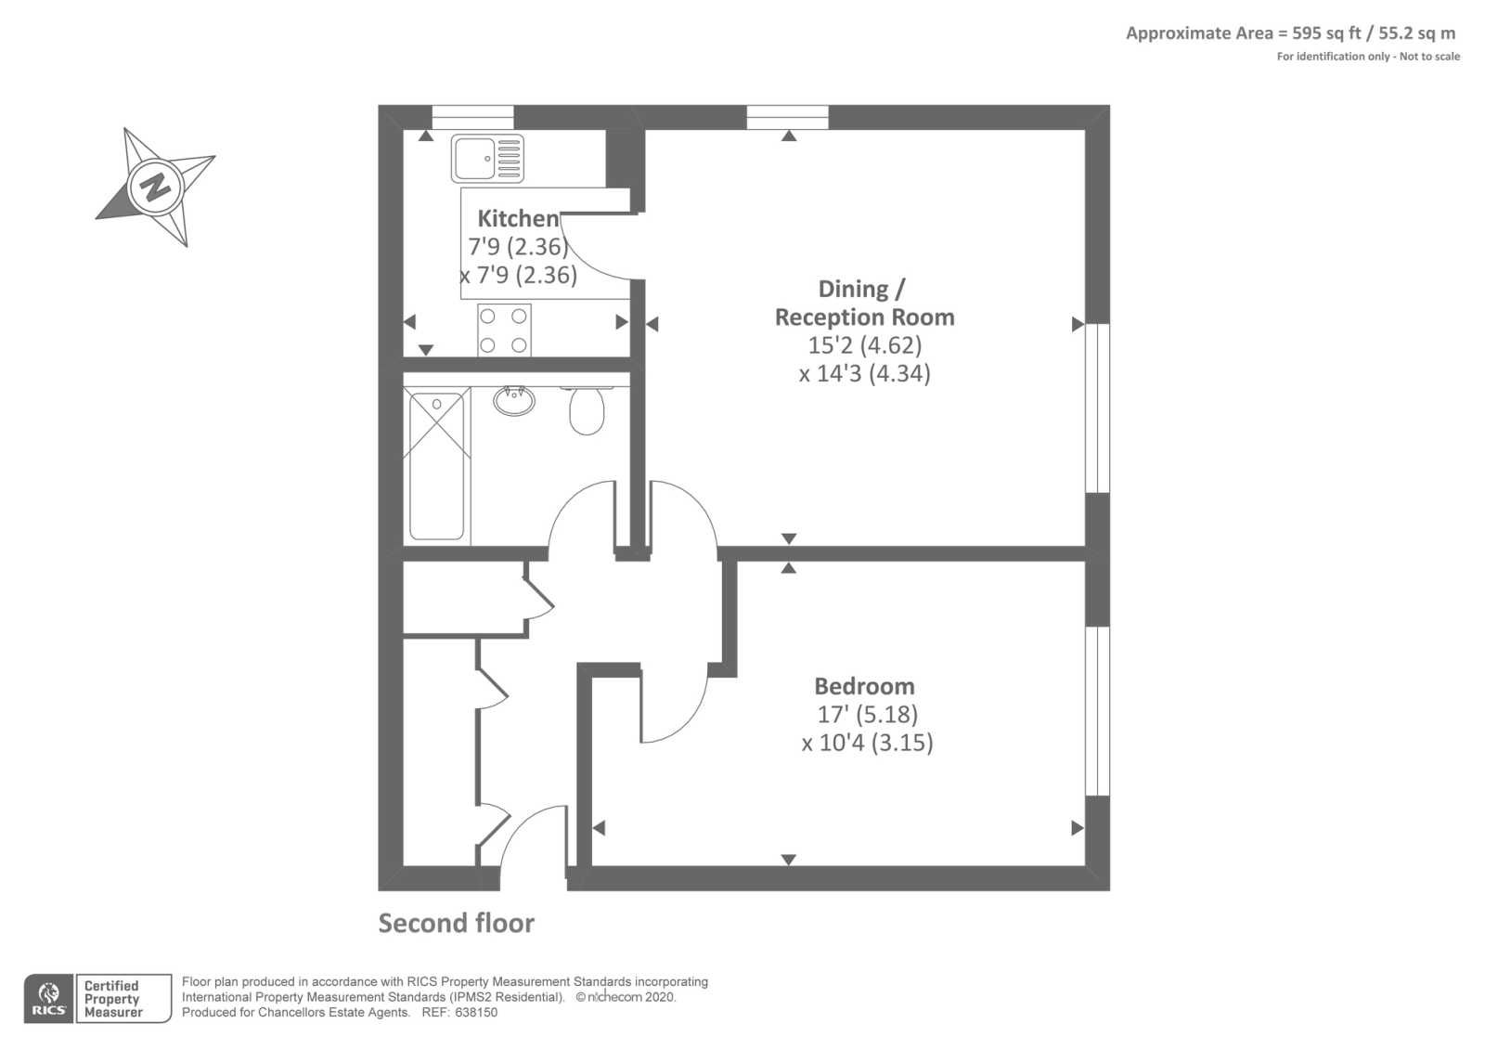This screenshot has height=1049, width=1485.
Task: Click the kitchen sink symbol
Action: [x=487, y=159]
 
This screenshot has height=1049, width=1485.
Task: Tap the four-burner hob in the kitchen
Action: [x=504, y=330]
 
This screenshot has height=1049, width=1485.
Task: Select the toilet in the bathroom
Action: [x=586, y=410]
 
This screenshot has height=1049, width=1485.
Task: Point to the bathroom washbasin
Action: [x=514, y=401]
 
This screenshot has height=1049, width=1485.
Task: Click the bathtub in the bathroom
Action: [x=437, y=466]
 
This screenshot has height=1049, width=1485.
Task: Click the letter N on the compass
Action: [x=157, y=187]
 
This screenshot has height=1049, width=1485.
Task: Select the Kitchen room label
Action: [x=519, y=218]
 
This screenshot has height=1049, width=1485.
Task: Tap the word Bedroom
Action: [x=864, y=686]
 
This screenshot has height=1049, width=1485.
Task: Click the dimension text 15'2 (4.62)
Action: [x=864, y=344]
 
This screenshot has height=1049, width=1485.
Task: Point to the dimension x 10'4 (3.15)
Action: [x=867, y=743]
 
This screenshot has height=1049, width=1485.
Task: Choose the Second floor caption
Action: [x=456, y=923]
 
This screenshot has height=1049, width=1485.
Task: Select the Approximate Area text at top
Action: [x=1291, y=33]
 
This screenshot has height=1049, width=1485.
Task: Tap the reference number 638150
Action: [x=476, y=1013]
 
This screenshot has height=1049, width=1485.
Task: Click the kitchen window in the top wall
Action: [x=472, y=117]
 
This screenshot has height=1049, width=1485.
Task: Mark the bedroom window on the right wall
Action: [x=1097, y=711]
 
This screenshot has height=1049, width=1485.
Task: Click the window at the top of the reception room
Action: [x=788, y=117]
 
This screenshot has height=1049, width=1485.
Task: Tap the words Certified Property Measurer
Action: [x=112, y=999]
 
